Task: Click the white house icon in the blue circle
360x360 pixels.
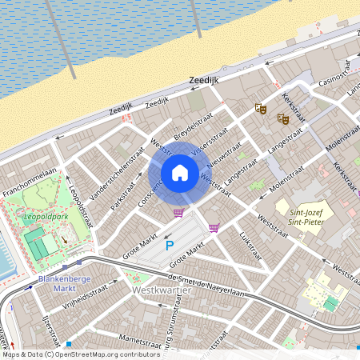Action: pos(180,173)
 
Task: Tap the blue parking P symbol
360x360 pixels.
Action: pos(169,246)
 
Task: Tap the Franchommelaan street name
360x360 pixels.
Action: pos(30,182)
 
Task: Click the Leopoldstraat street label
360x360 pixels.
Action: pos(82,204)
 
